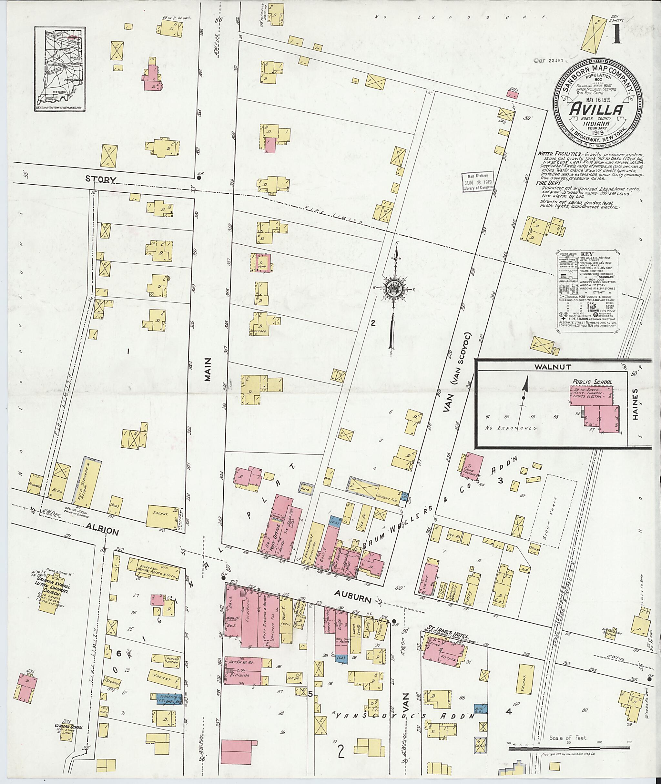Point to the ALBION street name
[x=103, y=531]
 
